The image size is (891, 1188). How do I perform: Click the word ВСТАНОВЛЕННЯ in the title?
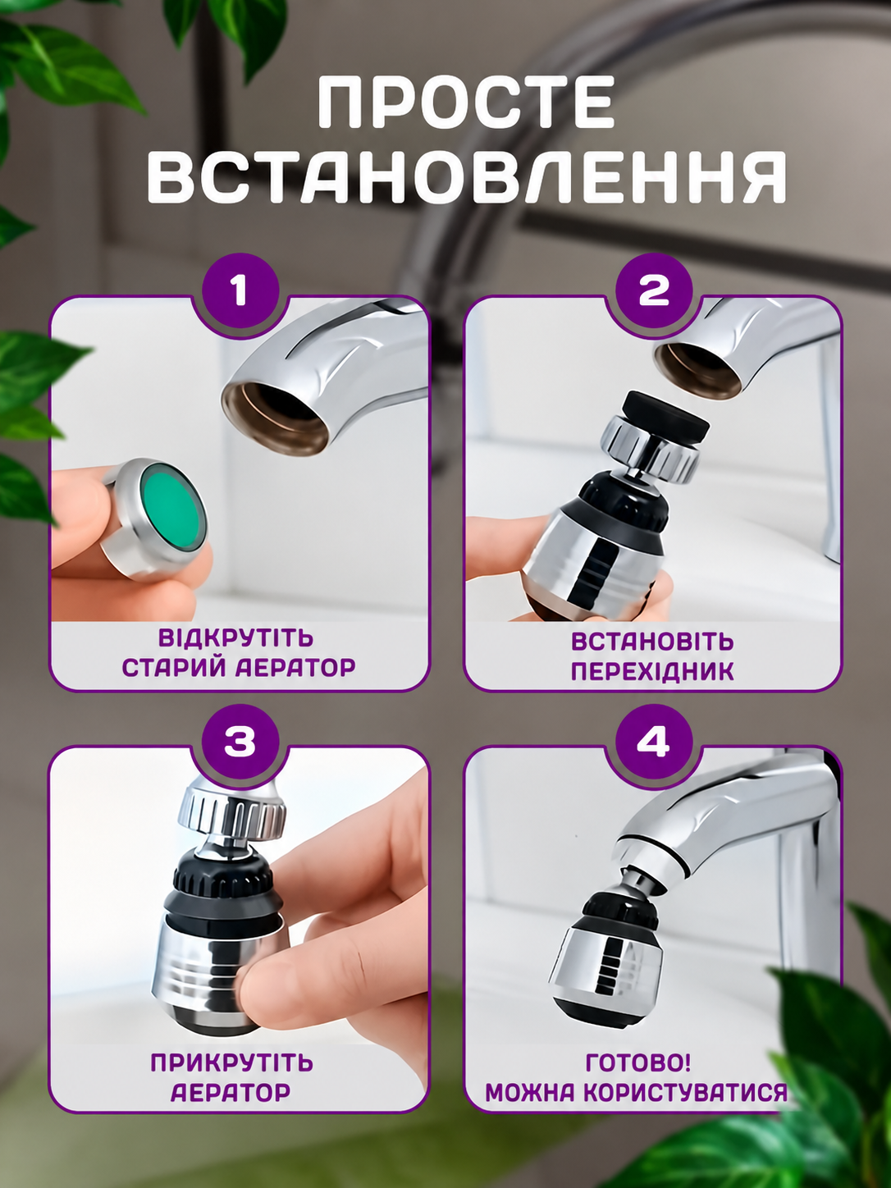[x=466, y=177]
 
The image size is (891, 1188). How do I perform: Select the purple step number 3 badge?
[x=240, y=742]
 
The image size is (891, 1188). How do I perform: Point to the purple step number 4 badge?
[x=654, y=742]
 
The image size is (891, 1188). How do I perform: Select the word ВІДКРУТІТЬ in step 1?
[x=235, y=637]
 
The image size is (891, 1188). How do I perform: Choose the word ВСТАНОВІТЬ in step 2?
[x=652, y=642]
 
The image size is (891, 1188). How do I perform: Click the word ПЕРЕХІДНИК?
[x=652, y=672]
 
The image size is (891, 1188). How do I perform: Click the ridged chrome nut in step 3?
[x=231, y=816]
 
